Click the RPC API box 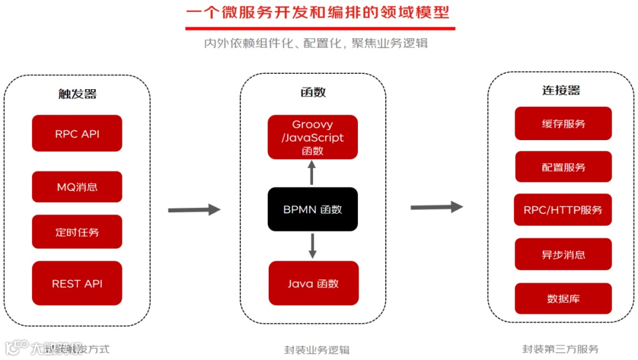(77, 134)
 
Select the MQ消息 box (77, 187)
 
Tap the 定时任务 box (77, 232)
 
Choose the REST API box (77, 284)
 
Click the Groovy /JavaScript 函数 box (313, 137)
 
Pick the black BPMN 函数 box (313, 209)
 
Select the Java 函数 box (313, 284)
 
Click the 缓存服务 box (563, 124)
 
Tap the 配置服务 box (563, 167)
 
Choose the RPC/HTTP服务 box (563, 210)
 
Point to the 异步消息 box (563, 255)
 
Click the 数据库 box (563, 299)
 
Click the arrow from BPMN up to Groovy (313, 173)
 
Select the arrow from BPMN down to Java (313, 245)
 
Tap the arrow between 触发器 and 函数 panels (194, 209)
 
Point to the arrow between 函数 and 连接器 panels (437, 207)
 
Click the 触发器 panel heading (77, 93)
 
